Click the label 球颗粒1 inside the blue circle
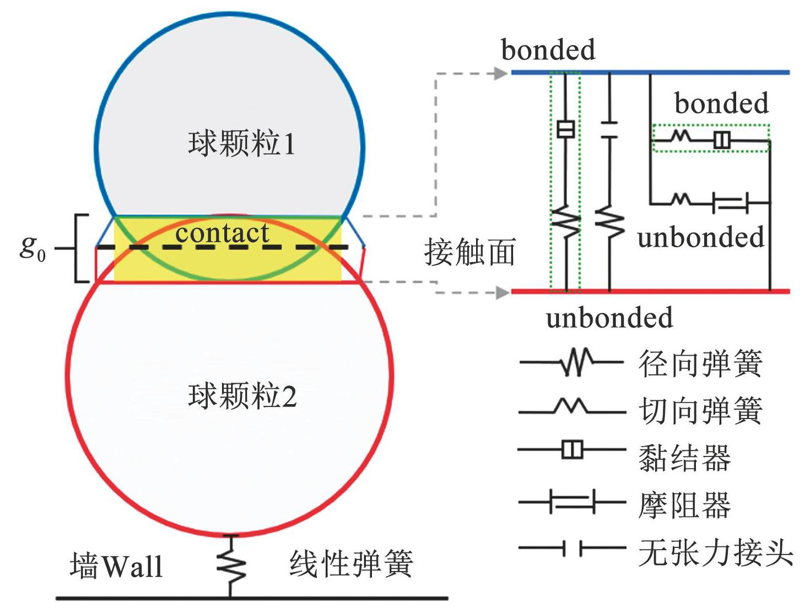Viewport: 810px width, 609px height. (x=241, y=143)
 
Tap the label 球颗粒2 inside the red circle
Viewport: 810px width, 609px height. (x=242, y=396)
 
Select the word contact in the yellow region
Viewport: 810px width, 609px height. (x=222, y=232)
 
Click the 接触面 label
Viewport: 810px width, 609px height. (x=469, y=252)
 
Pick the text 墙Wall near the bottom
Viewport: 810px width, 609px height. (x=116, y=565)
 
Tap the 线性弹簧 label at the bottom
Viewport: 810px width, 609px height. (x=351, y=564)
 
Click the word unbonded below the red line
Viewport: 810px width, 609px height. (x=609, y=317)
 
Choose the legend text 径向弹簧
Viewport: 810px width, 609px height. (x=700, y=363)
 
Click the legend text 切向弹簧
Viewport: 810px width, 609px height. (x=700, y=411)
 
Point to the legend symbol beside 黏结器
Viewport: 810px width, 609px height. (x=572, y=449)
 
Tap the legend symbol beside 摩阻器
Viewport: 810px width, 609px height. (x=572, y=502)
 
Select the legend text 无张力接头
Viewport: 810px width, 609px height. (x=716, y=553)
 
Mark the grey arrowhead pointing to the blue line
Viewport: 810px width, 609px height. (x=500, y=73)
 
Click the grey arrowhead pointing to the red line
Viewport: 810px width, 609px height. (x=502, y=293)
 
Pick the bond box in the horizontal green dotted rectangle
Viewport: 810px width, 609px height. (x=721, y=140)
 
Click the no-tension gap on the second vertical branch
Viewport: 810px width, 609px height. (x=609, y=129)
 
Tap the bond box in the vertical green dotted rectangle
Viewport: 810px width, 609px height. (x=565, y=129)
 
